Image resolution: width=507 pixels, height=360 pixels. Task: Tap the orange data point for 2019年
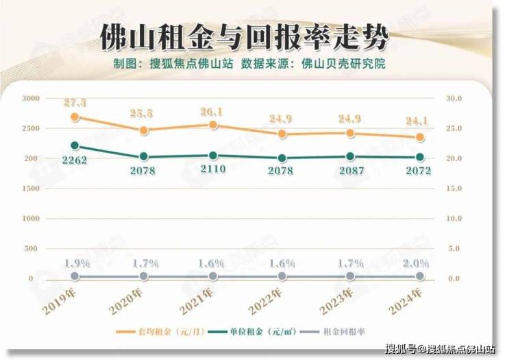[75, 117]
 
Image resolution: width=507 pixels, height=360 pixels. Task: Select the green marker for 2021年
[213, 156]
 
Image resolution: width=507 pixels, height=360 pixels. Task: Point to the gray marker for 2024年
[420, 276]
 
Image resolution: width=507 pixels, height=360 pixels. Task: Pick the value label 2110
[213, 169]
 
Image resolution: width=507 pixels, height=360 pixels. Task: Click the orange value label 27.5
[75, 103]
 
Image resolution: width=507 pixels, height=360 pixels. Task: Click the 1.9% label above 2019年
[75, 263]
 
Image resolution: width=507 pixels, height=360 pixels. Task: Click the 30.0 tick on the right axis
[454, 99]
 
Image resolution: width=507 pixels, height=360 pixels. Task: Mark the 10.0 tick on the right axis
[454, 219]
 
